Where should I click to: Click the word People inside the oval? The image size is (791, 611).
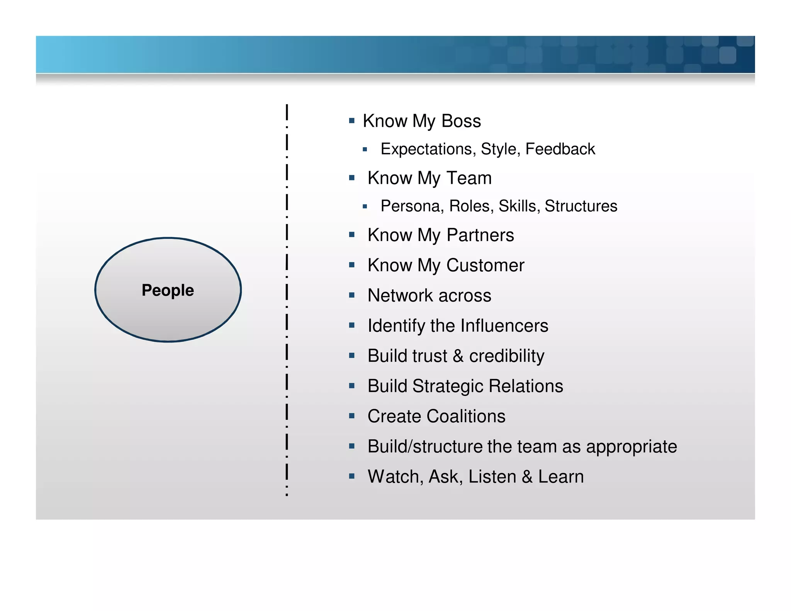168,290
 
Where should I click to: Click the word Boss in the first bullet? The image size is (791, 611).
461,121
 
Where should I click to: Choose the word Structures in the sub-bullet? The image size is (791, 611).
581,206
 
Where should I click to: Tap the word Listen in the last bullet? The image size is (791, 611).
492,477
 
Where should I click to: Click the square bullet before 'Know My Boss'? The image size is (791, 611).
351,121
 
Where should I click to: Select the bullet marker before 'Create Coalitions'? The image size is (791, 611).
351,416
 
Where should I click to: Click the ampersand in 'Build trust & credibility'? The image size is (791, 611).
458,356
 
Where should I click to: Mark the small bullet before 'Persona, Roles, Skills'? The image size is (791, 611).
365,207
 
